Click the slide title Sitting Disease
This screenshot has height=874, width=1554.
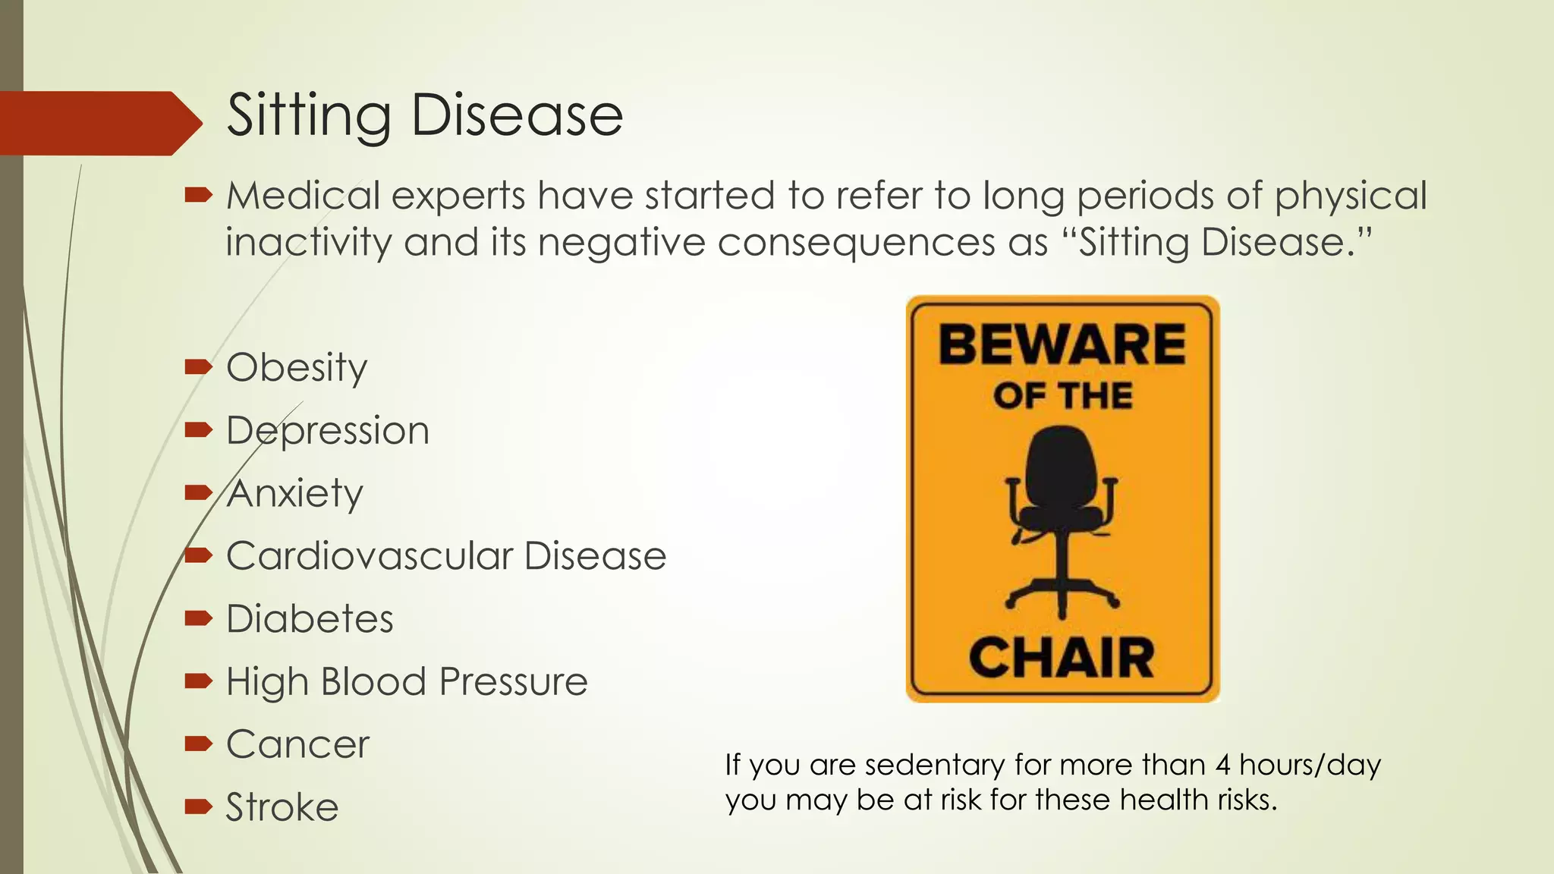[x=424, y=116]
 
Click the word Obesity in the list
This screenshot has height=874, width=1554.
[x=297, y=368]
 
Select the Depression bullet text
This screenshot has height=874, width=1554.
[x=328, y=431]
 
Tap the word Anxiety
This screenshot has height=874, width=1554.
[x=295, y=494]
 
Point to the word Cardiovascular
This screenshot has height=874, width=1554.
[x=370, y=556]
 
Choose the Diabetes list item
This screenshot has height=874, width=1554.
[x=310, y=619]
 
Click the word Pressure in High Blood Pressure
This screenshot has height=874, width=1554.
[x=514, y=682]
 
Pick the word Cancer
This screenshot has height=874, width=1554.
[x=297, y=744]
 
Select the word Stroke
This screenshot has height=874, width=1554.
[x=282, y=807]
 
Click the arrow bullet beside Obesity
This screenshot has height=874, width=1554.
[x=198, y=368]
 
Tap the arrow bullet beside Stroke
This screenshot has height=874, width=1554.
[x=198, y=806]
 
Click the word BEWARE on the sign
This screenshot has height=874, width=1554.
[x=1062, y=345]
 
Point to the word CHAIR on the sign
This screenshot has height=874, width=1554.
[x=1062, y=658]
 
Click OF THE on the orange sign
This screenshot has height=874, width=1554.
[x=1062, y=396]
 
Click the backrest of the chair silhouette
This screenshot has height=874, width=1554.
[x=1062, y=464]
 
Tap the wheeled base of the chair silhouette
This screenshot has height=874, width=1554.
[x=1062, y=596]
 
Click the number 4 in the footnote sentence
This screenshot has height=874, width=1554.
[x=1222, y=765]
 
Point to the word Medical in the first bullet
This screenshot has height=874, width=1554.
[x=303, y=196]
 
